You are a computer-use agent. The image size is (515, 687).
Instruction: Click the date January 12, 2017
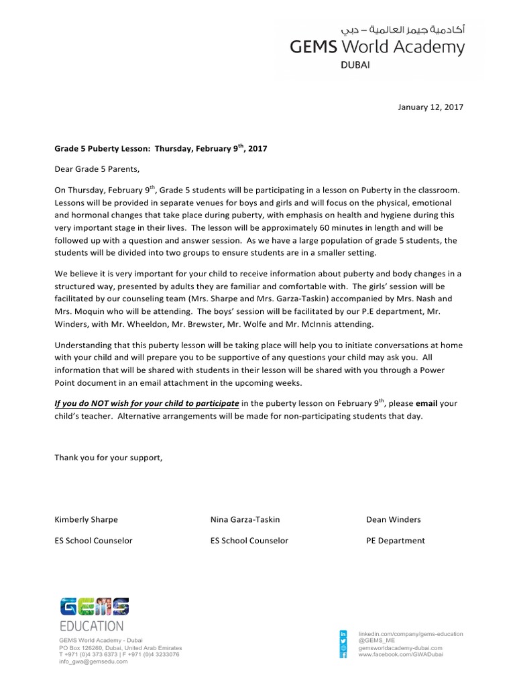click(430, 107)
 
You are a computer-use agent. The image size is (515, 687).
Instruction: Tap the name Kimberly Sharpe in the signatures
click(86, 519)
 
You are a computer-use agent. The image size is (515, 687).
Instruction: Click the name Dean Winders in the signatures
click(394, 519)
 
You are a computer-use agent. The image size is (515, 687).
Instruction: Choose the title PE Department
click(396, 541)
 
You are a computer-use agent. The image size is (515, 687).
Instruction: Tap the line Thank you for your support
click(108, 458)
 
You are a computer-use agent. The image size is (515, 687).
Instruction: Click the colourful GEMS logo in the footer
click(94, 606)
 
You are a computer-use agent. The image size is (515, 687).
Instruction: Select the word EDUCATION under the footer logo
click(92, 627)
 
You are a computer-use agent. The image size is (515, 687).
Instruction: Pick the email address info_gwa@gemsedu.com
click(93, 661)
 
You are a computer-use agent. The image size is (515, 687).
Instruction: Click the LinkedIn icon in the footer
click(344, 634)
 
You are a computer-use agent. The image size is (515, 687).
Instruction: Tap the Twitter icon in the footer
click(344, 641)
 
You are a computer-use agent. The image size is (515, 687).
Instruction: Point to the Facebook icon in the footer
click(344, 655)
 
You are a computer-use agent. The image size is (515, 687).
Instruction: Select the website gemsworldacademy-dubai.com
click(401, 648)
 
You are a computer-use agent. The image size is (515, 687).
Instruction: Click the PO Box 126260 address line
click(120, 648)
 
